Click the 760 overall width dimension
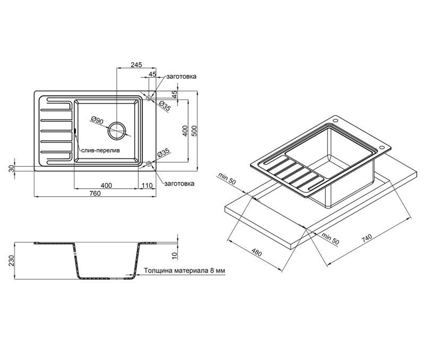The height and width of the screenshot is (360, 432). [95, 193]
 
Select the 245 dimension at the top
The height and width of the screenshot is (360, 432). [136, 65]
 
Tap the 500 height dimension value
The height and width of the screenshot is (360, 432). [194, 131]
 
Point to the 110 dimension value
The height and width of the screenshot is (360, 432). [147, 185]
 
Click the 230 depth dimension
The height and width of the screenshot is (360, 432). [11, 261]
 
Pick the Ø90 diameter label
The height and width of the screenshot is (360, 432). [97, 120]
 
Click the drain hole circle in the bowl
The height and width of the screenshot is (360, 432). [117, 131]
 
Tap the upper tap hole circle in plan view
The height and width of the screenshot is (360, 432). [149, 98]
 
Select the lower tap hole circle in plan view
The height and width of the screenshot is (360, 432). [149, 164]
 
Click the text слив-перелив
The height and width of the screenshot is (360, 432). [100, 150]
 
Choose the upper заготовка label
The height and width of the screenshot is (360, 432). [181, 77]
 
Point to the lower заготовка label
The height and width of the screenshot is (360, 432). [179, 184]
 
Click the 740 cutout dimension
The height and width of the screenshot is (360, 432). [367, 238]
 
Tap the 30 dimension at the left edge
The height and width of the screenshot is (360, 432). [12, 168]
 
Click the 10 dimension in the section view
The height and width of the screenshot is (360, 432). [175, 256]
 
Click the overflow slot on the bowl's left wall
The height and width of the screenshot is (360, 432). [75, 131]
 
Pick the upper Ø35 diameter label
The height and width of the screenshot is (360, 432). [165, 106]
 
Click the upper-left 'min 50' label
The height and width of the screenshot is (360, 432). [227, 178]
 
